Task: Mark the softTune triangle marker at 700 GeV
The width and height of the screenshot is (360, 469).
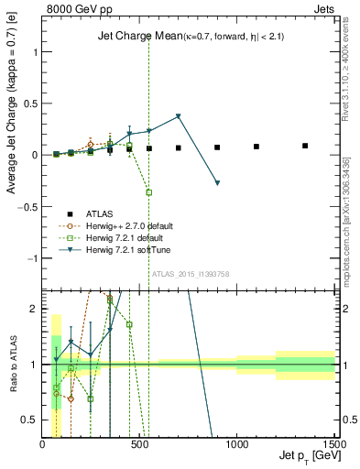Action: [179, 116]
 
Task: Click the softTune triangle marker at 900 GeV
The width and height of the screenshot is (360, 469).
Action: [217, 183]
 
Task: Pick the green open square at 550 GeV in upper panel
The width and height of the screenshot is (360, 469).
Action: [149, 192]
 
